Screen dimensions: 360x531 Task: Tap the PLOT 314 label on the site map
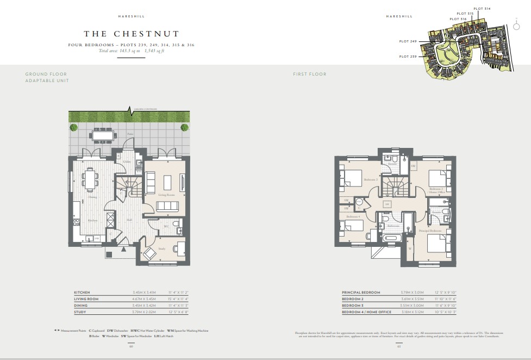point(482,9)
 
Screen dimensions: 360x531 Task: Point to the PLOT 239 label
point(408,57)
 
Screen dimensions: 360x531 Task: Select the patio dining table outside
point(103,134)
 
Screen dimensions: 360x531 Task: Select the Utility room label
point(127,162)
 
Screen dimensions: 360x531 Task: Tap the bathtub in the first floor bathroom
point(392,238)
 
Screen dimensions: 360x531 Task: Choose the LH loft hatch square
point(386,204)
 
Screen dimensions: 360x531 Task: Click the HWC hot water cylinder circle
point(351,201)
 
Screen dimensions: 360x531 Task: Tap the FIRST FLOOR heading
point(310,74)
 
